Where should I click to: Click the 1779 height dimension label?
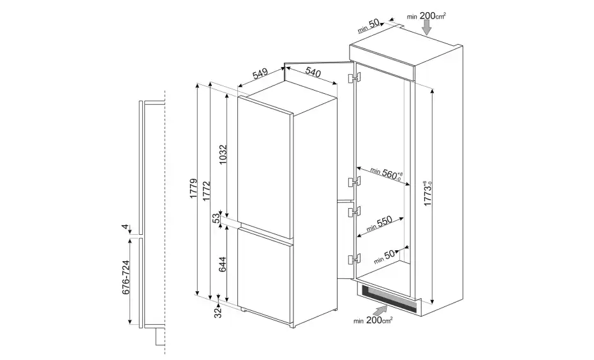pyautogui.click(x=193, y=188)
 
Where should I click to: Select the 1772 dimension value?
pyautogui.click(x=206, y=191)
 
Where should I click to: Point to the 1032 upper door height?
pyautogui.click(x=223, y=154)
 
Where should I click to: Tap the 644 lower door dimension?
pyautogui.click(x=223, y=264)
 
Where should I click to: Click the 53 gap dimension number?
pyautogui.click(x=216, y=219)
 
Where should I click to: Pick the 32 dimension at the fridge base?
pyautogui.click(x=218, y=313)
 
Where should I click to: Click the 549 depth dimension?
pyautogui.click(x=260, y=73)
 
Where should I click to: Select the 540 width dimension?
pyautogui.click(x=313, y=71)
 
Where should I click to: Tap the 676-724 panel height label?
pyautogui.click(x=126, y=277)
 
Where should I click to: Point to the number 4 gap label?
pyautogui.click(x=125, y=227)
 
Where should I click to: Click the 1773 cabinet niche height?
pyautogui.click(x=428, y=193)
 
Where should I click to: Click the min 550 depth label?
pyautogui.click(x=379, y=224)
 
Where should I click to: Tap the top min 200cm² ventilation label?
pyautogui.click(x=426, y=16)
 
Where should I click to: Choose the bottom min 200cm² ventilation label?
pyautogui.click(x=373, y=320)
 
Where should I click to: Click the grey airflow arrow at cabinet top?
pyautogui.click(x=427, y=27)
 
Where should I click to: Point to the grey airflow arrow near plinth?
pyautogui.click(x=380, y=310)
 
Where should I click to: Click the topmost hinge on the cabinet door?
pyautogui.click(x=354, y=77)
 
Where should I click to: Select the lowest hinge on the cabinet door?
pyautogui.click(x=354, y=259)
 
